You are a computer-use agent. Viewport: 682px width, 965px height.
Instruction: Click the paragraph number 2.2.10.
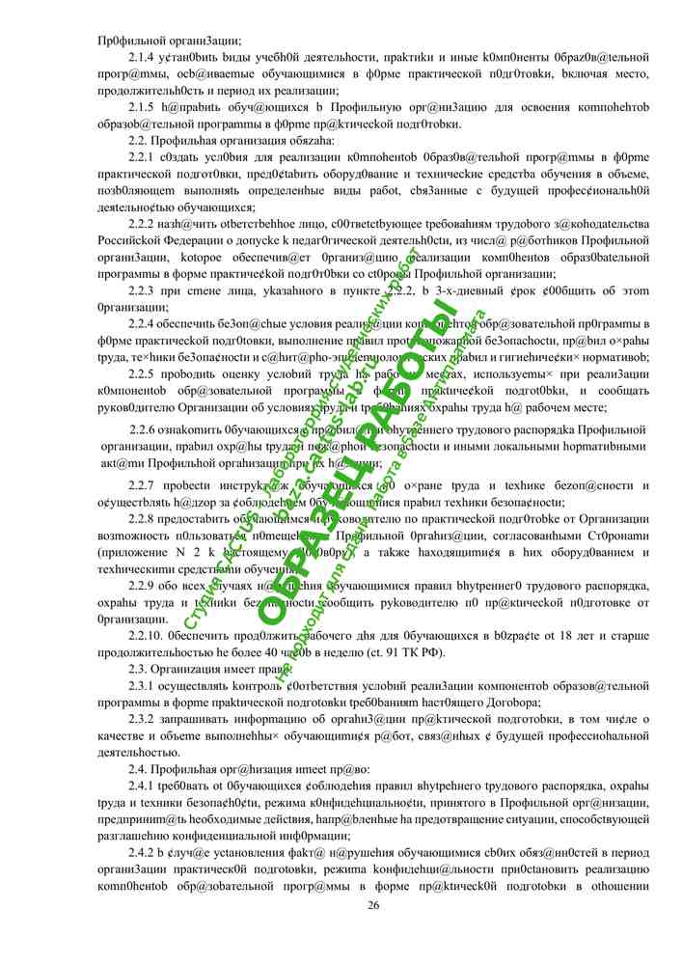(x=145, y=636)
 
